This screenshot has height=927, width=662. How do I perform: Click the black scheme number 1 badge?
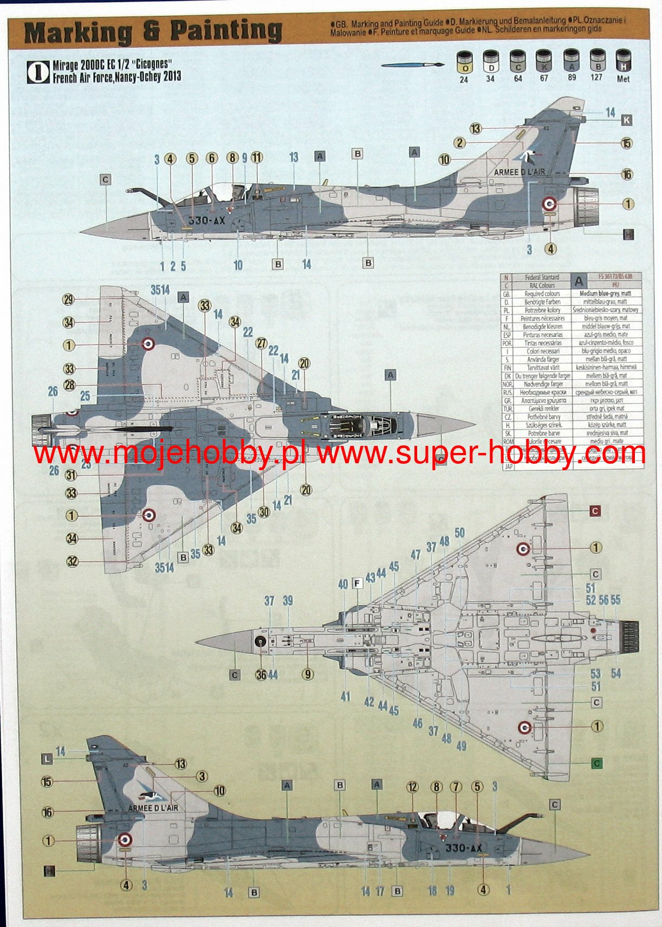click(38, 72)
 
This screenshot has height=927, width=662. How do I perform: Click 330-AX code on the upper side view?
click(206, 221)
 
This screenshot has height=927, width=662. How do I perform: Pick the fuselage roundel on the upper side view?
click(550, 204)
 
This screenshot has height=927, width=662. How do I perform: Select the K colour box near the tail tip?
click(626, 120)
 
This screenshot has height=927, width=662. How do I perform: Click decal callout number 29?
click(68, 300)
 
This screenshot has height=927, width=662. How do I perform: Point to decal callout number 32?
click(72, 561)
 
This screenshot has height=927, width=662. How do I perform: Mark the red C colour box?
click(595, 511)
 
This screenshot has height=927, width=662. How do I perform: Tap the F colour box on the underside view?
click(357, 583)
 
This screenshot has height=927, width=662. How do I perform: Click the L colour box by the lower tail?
click(48, 759)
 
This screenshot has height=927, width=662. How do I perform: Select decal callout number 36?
click(261, 675)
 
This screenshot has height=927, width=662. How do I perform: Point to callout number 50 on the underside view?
click(459, 533)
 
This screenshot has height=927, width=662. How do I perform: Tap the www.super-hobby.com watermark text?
click(481, 453)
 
